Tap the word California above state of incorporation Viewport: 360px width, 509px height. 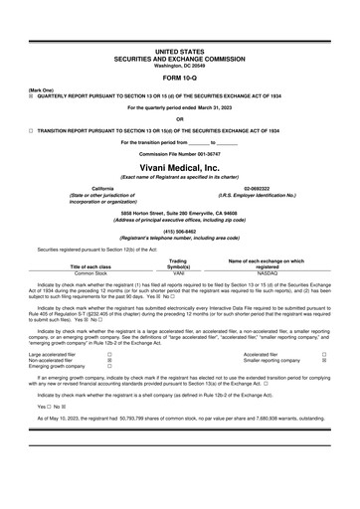coord(102,188)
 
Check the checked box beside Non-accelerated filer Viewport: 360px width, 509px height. coord(109,360)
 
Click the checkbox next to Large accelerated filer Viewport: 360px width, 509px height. coord(109,353)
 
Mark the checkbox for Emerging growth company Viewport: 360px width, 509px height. coord(109,367)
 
